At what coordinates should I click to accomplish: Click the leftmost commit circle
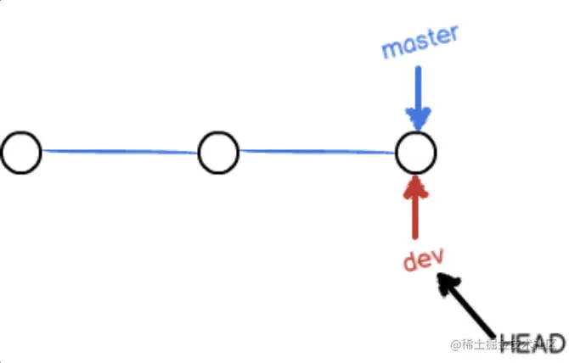point(21,153)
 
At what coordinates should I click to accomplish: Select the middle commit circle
point(218,153)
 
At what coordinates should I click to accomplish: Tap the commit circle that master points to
point(416,153)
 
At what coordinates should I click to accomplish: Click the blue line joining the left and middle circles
point(120,152)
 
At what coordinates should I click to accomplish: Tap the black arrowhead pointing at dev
point(445,282)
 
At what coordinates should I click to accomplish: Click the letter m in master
point(391,48)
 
